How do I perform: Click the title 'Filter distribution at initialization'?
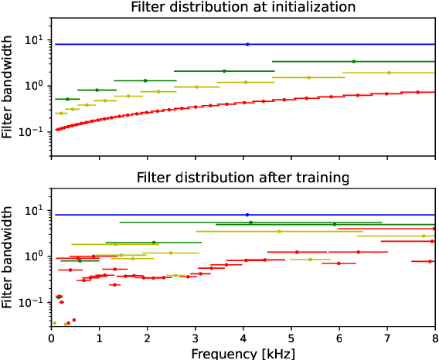243,8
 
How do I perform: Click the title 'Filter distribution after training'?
243,178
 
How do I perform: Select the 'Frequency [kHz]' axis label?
243,352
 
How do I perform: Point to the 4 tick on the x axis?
243,338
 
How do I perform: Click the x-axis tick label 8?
435,338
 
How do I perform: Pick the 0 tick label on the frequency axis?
51,338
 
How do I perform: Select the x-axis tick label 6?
339,338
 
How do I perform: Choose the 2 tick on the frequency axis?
148,338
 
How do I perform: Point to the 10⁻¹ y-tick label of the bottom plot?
34,301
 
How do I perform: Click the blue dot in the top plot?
247,44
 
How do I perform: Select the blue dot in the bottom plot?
247,215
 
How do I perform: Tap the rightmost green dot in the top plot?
354,61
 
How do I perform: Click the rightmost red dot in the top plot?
418,92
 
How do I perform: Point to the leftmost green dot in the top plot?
67,99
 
